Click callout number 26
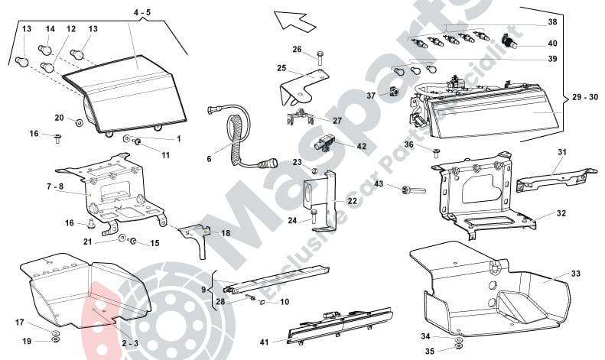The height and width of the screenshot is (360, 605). (298, 50)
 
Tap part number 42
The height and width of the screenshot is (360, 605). (361, 146)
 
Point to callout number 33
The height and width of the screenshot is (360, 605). (576, 272)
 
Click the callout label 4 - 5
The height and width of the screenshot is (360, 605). (142, 13)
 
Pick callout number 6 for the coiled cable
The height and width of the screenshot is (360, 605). (208, 159)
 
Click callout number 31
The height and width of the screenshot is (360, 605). (561, 153)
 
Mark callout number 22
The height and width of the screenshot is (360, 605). (352, 201)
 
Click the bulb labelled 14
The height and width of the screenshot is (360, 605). (45, 51)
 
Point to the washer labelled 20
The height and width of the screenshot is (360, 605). (80, 122)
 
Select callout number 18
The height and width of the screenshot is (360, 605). (225, 232)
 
